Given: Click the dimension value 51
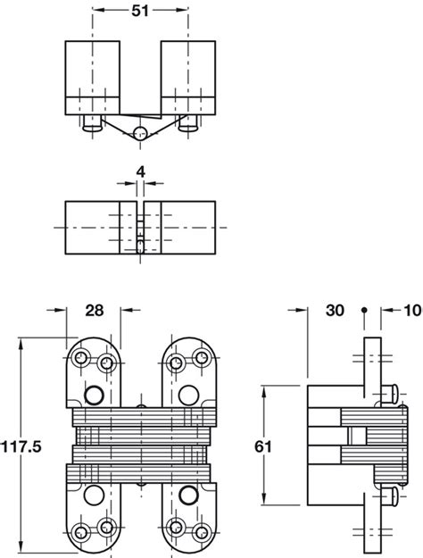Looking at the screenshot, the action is pyautogui.click(x=140, y=11).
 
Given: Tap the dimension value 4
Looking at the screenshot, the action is pyautogui.click(x=141, y=172).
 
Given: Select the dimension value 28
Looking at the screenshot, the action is pyautogui.click(x=95, y=311).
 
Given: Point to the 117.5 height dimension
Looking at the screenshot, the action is pyautogui.click(x=21, y=446).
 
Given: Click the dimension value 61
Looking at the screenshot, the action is pyautogui.click(x=263, y=446).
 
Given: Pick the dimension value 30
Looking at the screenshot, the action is pyautogui.click(x=335, y=311).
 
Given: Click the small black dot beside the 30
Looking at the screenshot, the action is pyautogui.click(x=364, y=310).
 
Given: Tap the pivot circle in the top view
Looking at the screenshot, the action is pyautogui.click(x=140, y=133).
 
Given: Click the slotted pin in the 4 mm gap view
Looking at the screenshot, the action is pyautogui.click(x=140, y=246).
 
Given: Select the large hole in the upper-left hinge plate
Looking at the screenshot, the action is pyautogui.click(x=95, y=395).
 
